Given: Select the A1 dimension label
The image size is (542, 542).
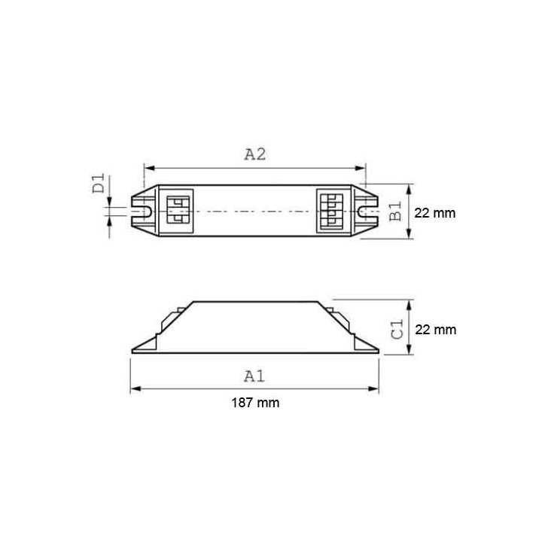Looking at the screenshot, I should click(255, 374).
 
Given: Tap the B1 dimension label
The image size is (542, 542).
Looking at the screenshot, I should click(395, 212).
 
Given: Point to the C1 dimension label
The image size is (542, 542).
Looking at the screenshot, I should click(397, 328).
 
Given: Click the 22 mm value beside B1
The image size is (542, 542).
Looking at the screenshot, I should click(435, 213).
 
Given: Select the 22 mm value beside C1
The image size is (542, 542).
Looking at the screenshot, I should click(435, 330).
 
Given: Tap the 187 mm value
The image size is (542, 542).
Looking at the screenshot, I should click(254, 403).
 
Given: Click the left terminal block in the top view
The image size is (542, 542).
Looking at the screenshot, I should click(178, 212).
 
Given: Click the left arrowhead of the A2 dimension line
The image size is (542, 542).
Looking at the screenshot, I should click(147, 169).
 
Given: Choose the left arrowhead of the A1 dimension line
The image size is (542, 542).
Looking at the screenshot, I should click(135, 388).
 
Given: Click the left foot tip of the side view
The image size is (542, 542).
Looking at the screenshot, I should click(132, 350).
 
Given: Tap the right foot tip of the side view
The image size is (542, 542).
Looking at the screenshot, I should click(377, 350).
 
